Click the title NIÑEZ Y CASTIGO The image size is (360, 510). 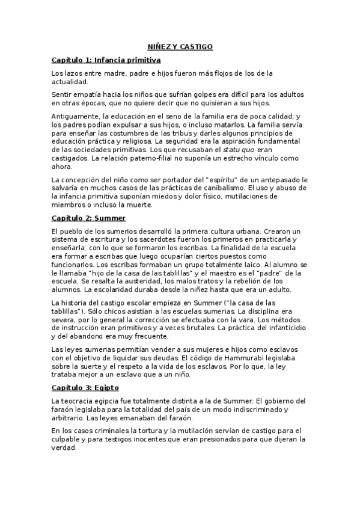[180, 46]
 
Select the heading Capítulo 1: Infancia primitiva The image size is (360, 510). [105, 60]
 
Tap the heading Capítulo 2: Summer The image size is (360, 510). [88, 218]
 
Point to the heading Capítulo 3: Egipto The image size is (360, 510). [85, 389]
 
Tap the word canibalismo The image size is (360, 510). [219, 188]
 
